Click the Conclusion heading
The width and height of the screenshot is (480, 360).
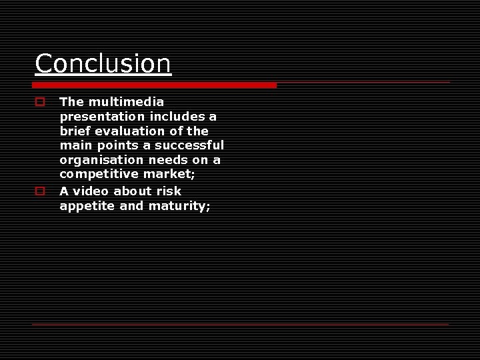click(103, 64)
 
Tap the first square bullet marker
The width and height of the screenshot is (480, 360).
click(40, 103)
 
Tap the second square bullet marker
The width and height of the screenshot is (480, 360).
click(40, 191)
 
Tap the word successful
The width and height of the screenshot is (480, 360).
click(189, 145)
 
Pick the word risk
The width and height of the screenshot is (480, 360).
click(169, 191)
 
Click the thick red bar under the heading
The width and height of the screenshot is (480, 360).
click(155, 85)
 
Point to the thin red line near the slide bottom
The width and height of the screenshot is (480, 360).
click(240, 324)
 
